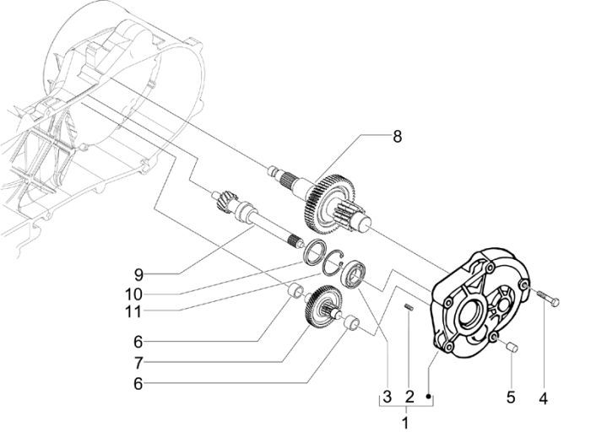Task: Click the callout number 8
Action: (x=396, y=137)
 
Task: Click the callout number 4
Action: (x=543, y=395)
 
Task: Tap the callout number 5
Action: (x=511, y=395)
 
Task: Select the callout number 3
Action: (x=386, y=396)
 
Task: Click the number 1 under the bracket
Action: (x=406, y=421)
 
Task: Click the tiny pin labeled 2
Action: (x=407, y=308)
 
